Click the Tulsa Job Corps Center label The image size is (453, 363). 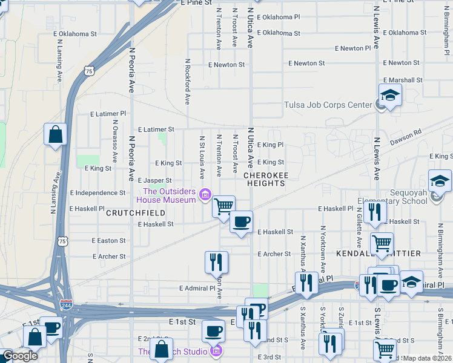point(328,105)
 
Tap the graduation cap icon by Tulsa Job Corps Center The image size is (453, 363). point(391,95)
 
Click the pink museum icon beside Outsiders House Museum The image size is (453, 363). point(205,194)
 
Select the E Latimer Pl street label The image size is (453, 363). point(108,113)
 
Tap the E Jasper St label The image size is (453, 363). point(154,180)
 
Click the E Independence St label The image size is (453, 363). point(98,193)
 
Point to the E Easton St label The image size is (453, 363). point(108,240)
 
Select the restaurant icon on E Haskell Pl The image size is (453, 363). point(376,211)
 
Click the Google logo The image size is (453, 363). point(20,356)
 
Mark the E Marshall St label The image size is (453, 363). point(402,80)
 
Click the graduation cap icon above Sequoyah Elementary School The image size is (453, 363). point(439,180)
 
